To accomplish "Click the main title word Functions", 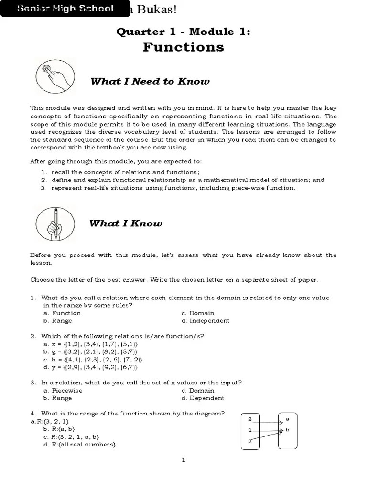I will tap(183, 47).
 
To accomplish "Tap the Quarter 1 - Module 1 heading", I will tap(183, 32).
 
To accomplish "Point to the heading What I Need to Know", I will tap(150, 81).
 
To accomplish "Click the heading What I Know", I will tap(126, 223).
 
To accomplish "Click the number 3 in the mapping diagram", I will tap(250, 419).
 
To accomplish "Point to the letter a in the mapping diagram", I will tap(287, 419).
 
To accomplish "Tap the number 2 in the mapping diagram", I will tap(249, 441).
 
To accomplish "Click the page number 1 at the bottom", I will tap(183, 460).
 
